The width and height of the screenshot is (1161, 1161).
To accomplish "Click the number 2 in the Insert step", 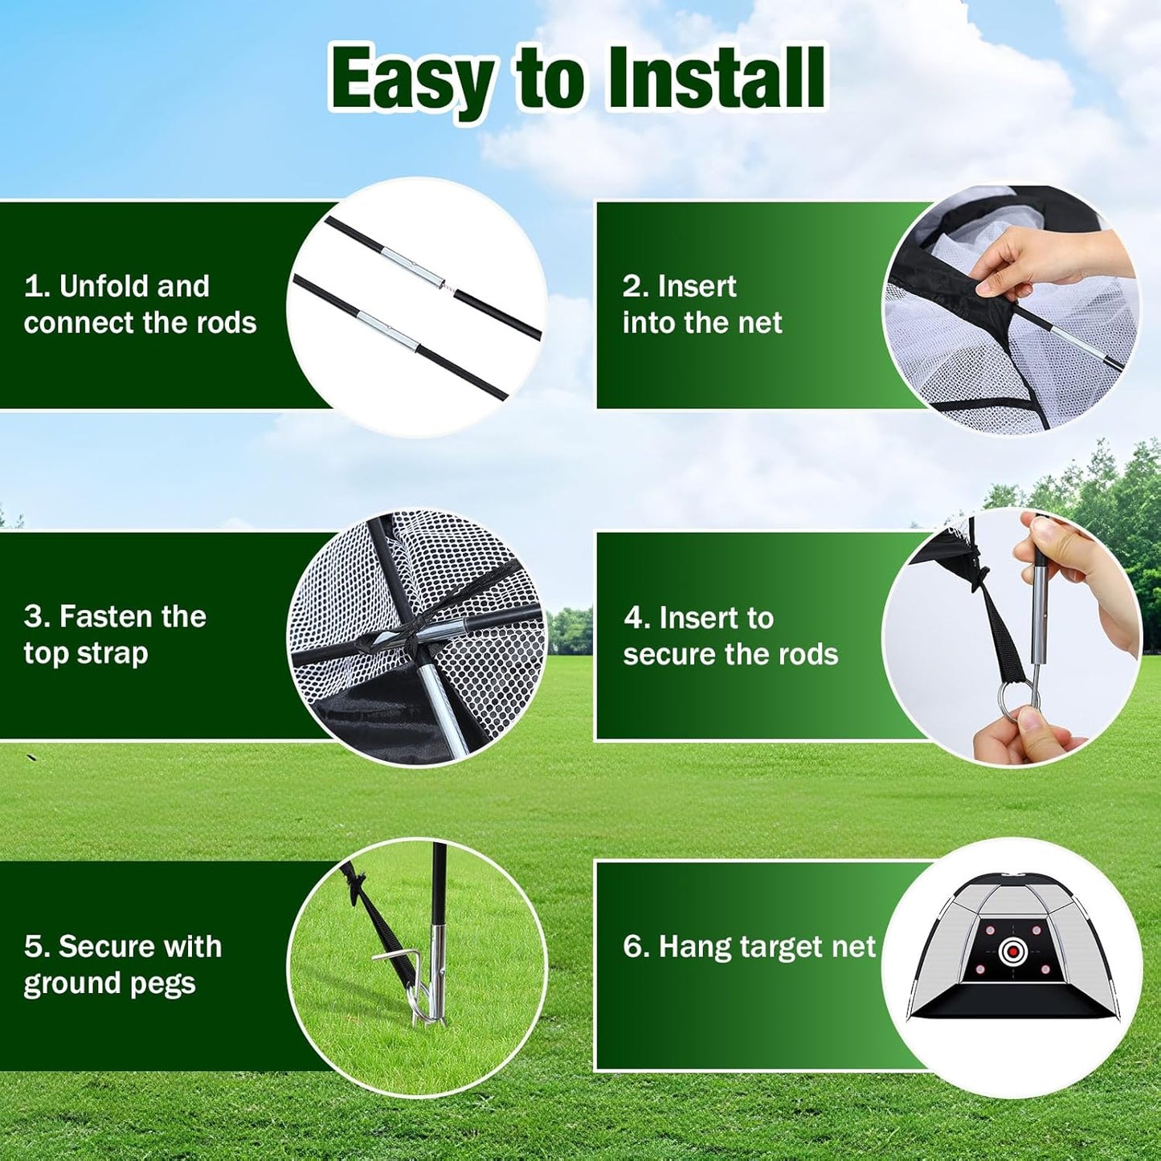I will click(x=632, y=287).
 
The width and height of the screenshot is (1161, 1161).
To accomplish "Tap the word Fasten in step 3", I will click(x=105, y=616).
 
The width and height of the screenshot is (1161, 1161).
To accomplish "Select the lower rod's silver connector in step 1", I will click(x=387, y=331).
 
